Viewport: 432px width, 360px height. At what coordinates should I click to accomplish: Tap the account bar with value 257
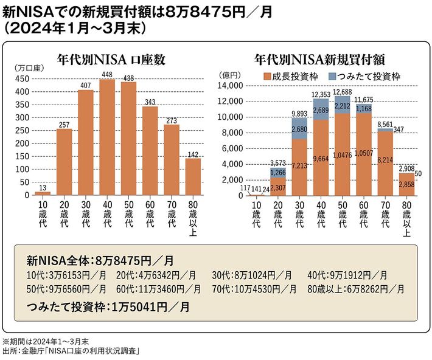coord(64,162)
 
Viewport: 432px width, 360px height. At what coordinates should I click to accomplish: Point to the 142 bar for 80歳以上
coord(193,176)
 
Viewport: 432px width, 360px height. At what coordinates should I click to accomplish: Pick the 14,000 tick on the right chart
coord(232,86)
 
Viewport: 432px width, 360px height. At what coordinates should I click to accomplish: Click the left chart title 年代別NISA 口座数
coord(111,60)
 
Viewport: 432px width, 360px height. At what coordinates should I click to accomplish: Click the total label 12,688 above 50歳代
coord(343,92)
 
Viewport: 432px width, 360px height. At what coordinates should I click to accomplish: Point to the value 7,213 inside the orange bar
coord(298,165)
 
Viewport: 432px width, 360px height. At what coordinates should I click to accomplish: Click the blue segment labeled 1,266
coord(276,171)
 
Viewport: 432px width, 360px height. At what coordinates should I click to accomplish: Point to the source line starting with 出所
coord(75,351)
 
